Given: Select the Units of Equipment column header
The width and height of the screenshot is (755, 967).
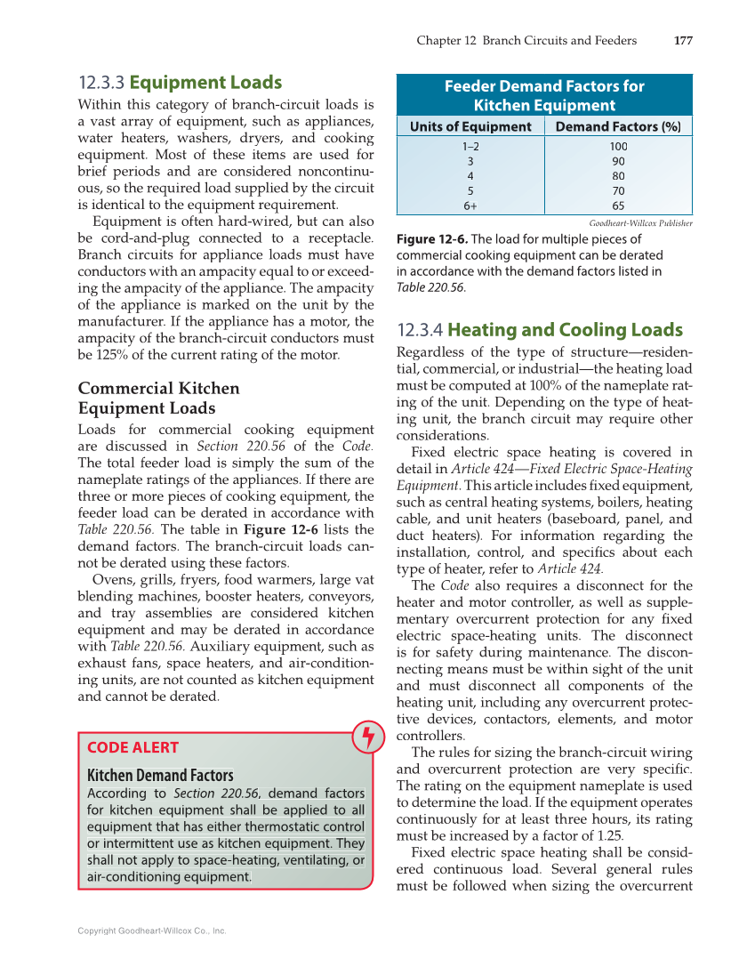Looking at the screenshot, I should point(470,126).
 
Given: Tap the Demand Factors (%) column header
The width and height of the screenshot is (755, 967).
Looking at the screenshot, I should point(618,126).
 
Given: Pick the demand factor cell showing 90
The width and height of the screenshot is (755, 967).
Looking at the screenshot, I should point(618,161).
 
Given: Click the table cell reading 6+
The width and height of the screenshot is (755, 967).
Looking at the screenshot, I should point(470,205).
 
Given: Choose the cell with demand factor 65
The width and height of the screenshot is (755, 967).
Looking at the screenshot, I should point(618,205).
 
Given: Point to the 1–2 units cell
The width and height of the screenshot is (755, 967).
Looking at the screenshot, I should point(470,146).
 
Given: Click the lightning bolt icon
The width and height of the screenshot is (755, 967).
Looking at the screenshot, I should point(367,737).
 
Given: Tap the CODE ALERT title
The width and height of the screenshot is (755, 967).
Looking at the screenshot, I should point(133,747).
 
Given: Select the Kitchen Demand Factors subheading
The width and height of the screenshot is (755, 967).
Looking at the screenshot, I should point(160,775).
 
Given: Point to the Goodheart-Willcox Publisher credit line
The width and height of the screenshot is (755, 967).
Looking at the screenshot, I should point(640,223).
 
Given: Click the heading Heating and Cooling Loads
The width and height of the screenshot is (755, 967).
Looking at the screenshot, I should point(565,330).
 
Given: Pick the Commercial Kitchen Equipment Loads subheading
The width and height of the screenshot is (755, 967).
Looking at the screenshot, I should point(159,399).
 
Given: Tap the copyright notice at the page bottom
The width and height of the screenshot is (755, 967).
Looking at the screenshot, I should point(151,931).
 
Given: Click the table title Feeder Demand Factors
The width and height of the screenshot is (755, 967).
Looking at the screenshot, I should point(544,95).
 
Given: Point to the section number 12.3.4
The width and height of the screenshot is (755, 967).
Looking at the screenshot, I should point(420,330).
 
